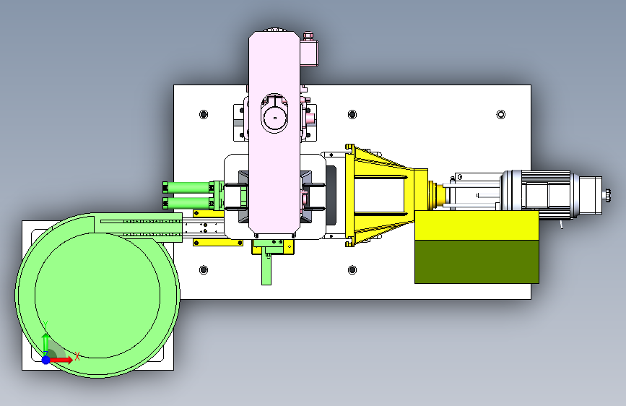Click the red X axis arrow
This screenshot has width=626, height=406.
pos(61,360)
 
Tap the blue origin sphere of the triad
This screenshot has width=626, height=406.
pos(46,360)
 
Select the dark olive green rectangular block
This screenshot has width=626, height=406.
pos(477,262)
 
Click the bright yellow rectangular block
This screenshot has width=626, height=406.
pos(477,225)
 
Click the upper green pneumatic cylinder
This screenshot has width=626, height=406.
pos(188,187)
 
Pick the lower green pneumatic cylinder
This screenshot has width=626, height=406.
pos(188,203)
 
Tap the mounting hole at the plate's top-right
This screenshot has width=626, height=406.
pos(500,115)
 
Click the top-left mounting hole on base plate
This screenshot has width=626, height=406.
pos(204,115)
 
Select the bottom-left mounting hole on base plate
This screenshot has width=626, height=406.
pos(204,269)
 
